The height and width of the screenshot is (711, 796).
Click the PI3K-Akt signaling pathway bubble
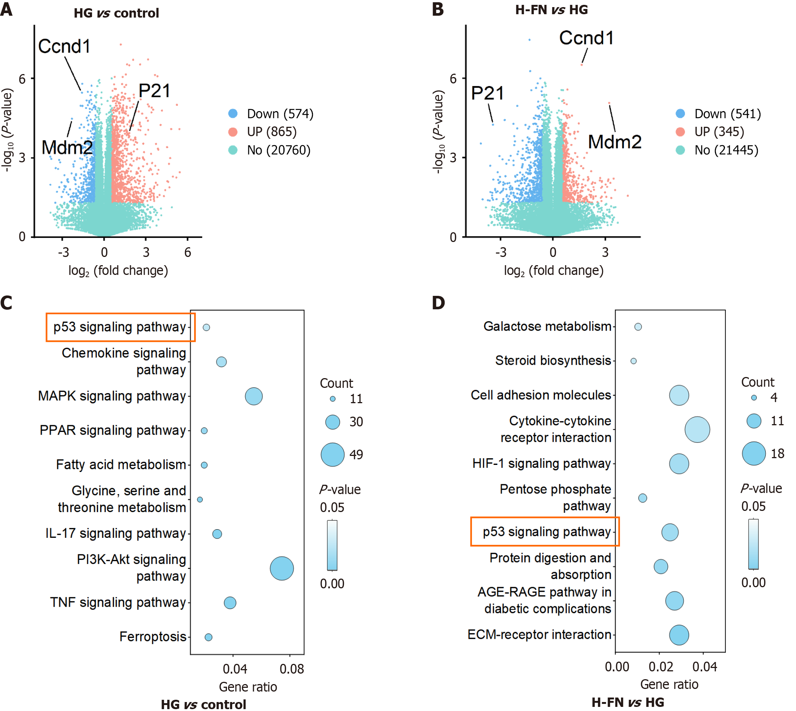282,569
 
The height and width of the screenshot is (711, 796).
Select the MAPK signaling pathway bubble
254,396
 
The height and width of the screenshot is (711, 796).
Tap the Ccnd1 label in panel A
64,46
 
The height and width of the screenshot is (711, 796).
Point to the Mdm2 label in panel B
615,142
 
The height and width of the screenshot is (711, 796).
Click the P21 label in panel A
155,91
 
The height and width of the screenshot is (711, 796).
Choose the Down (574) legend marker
233,114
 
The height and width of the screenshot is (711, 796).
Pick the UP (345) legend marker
680,132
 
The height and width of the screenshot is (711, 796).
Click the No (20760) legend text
279,150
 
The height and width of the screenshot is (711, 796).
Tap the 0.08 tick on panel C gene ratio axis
292,669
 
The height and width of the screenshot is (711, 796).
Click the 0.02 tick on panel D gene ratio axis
661,667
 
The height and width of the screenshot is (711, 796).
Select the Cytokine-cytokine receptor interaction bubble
697,430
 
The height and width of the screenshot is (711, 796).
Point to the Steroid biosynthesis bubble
633,361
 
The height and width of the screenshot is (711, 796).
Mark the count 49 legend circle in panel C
332,455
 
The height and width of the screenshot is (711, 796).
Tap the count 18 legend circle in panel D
754,454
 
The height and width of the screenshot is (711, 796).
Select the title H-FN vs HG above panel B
551,10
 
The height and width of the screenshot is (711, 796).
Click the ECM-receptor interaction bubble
679,635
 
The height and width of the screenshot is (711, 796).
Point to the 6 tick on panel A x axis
188,252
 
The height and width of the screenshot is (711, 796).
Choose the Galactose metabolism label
547,326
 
